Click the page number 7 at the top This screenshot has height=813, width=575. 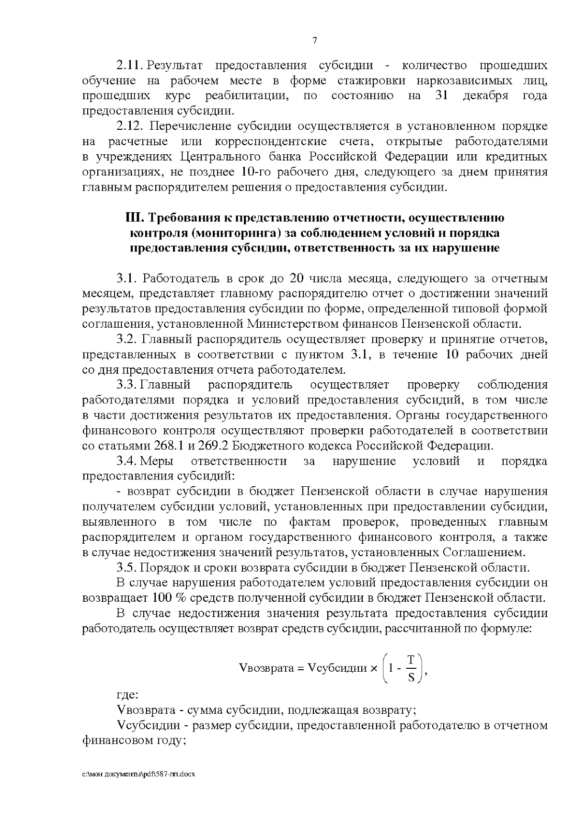pos(314,41)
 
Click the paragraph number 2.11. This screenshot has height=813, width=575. pos(130,65)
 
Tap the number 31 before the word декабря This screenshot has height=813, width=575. pos(441,95)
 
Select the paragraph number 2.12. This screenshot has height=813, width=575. pos(130,126)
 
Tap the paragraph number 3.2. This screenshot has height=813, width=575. pos(127,339)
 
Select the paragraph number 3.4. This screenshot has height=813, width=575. pos(127,461)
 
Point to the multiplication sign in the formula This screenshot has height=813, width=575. pos(374,668)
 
